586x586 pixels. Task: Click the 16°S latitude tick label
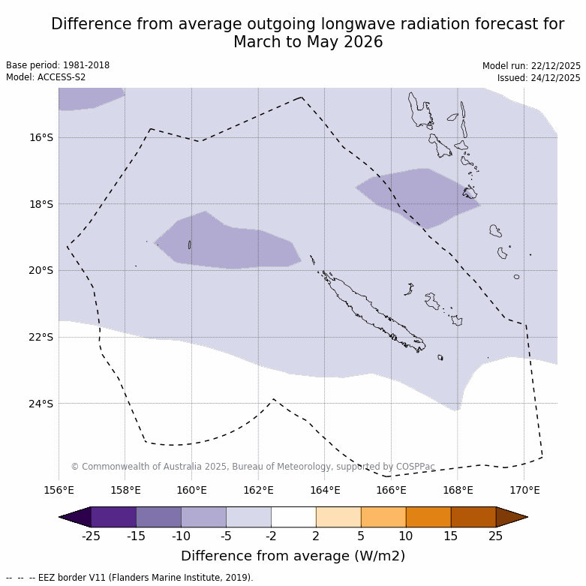tap(41, 137)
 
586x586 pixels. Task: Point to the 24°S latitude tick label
tap(41, 404)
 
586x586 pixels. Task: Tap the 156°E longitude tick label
tap(59, 491)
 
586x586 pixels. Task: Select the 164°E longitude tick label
tap(325, 491)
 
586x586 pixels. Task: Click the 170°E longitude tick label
tap(524, 491)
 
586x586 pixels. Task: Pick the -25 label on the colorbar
tap(91, 536)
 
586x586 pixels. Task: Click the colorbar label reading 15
tap(451, 536)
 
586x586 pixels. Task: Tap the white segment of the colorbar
tap(293, 517)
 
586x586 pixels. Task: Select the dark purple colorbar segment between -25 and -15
tap(113, 517)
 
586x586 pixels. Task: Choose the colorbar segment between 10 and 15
tap(428, 517)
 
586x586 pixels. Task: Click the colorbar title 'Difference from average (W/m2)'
tap(293, 556)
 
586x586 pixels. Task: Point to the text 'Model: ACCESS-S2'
tap(46, 77)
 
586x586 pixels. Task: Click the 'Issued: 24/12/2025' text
tap(539, 78)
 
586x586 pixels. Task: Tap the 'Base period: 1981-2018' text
tap(58, 65)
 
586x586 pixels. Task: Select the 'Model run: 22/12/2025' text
tap(531, 66)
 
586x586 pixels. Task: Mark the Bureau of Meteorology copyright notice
tap(253, 467)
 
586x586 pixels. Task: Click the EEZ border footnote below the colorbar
tap(130, 578)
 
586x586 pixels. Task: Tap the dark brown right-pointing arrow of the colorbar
tap(512, 517)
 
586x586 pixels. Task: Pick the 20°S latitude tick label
tap(41, 270)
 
